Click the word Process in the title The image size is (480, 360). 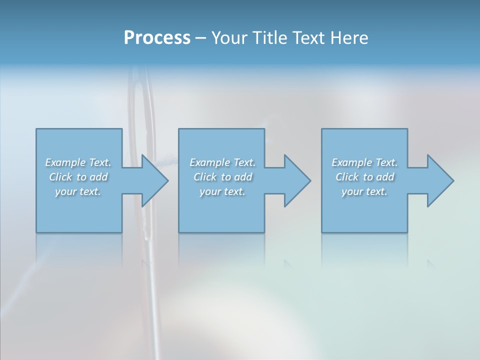(157, 38)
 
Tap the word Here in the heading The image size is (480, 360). (349, 38)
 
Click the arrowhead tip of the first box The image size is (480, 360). (167, 180)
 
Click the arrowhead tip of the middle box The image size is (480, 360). (310, 180)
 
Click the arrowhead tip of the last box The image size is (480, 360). (453, 180)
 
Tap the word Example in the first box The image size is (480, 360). (65, 162)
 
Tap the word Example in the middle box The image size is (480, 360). (210, 162)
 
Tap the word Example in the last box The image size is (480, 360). (352, 162)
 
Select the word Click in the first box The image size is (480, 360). (60, 177)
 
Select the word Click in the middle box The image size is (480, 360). (205, 177)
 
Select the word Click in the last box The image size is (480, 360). (347, 177)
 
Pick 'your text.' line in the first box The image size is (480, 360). (78, 191)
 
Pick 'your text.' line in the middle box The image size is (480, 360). (222, 191)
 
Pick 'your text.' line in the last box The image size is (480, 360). (364, 191)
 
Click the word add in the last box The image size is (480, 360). (385, 177)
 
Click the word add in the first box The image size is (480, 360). (98, 177)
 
